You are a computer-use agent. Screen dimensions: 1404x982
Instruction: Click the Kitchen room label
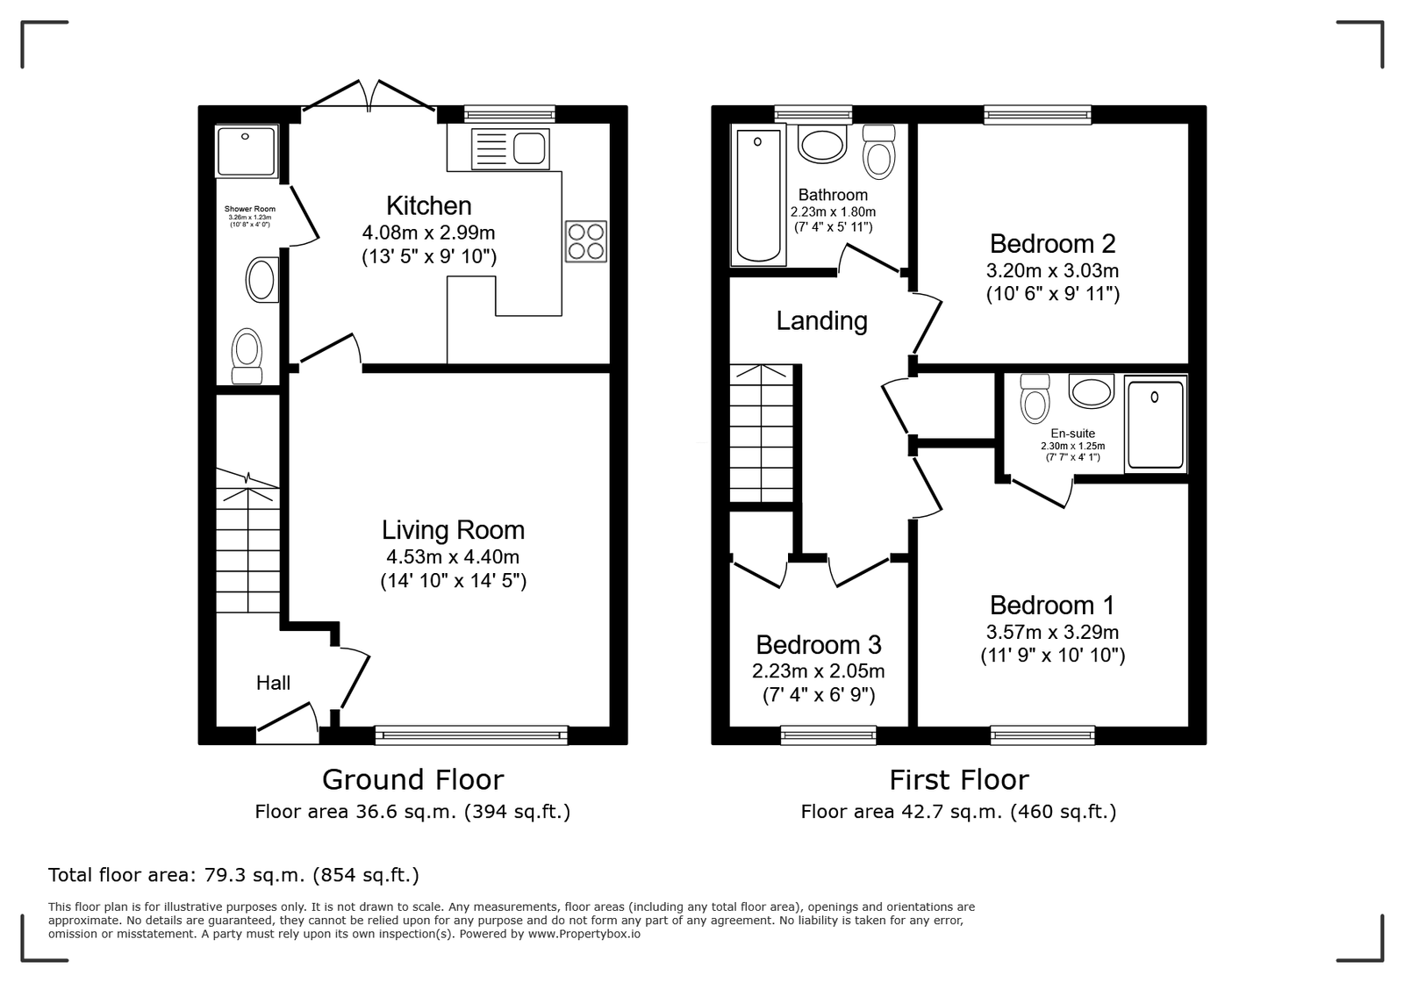click(x=429, y=205)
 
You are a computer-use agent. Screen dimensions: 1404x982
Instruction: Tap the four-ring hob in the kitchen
click(x=586, y=241)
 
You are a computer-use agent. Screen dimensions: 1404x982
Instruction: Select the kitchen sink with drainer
click(x=510, y=149)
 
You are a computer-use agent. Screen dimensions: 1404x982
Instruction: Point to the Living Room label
click(x=453, y=530)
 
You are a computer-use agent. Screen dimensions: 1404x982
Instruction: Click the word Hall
click(x=273, y=683)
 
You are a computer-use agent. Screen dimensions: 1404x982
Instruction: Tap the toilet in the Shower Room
click(x=247, y=356)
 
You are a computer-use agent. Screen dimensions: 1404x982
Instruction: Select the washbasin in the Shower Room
click(x=262, y=279)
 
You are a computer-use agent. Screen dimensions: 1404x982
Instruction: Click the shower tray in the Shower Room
click(x=246, y=151)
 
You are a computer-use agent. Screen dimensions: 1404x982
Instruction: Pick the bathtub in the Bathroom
click(x=758, y=195)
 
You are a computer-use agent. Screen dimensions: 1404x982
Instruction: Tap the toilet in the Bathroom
click(x=878, y=152)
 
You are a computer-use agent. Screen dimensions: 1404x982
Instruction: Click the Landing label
click(x=821, y=321)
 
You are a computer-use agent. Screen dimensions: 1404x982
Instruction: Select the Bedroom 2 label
click(x=1052, y=243)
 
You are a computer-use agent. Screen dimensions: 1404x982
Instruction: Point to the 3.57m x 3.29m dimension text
click(x=1052, y=632)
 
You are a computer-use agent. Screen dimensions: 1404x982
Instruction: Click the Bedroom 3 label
click(x=819, y=644)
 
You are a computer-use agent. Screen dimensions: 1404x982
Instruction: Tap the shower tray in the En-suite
click(x=1155, y=424)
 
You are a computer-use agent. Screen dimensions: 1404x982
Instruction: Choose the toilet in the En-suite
click(x=1035, y=398)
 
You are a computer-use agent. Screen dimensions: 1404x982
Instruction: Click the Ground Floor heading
click(x=413, y=779)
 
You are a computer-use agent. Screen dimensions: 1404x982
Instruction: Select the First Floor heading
click(x=959, y=779)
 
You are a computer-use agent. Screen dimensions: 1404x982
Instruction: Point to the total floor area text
click(x=233, y=875)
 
